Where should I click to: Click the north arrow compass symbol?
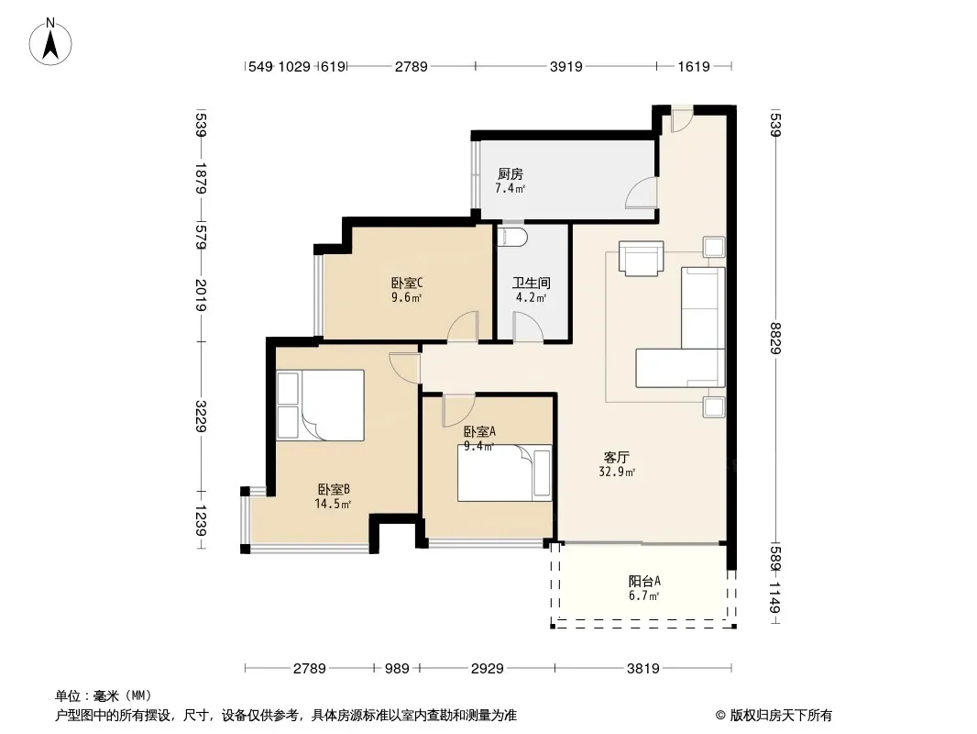[50, 42]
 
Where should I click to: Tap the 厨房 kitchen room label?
[510, 174]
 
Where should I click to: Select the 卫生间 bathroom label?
[532, 284]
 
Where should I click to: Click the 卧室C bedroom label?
[407, 284]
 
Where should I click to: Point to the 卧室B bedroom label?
[334, 490]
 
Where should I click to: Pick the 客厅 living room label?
[616, 457]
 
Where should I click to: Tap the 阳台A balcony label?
[644, 581]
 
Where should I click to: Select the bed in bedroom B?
[320, 406]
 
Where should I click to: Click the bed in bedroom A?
[505, 473]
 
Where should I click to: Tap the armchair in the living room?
[642, 258]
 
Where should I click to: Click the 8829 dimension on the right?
[775, 338]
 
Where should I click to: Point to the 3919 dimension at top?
[565, 66]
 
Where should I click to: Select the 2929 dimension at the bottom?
[488, 669]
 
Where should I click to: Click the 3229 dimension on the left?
[201, 417]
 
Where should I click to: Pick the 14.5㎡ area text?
[334, 504]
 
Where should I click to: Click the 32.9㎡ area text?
[617, 473]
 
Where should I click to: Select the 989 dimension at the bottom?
[397, 669]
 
